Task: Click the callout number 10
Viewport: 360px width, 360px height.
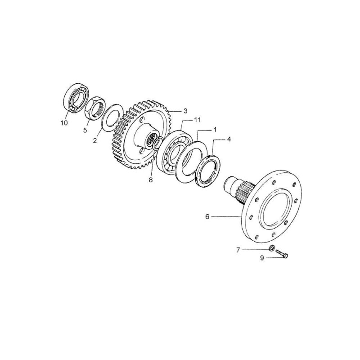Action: tap(64, 123)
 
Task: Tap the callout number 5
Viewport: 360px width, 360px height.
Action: tap(85, 130)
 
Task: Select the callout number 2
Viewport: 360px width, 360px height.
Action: tap(95, 141)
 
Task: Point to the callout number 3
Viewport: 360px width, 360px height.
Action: tap(185, 111)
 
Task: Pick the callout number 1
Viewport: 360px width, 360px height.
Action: tap(215, 130)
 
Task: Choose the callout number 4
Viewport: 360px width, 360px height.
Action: tap(229, 139)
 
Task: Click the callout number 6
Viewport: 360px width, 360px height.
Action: tap(207, 216)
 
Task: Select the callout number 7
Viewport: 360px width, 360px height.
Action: tap(238, 250)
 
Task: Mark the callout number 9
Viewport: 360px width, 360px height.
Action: tap(262, 258)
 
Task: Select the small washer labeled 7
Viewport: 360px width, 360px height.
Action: tap(272, 248)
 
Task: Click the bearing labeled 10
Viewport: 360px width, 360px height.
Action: tap(76, 98)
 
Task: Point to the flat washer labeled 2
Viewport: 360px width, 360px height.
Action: tap(112, 118)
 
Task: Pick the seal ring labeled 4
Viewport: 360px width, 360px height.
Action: tap(208, 167)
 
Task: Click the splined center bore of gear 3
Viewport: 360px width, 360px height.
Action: tap(151, 140)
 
